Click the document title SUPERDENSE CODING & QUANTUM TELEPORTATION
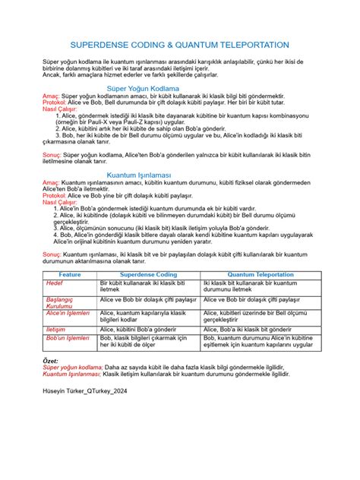pyautogui.click(x=179, y=46)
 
